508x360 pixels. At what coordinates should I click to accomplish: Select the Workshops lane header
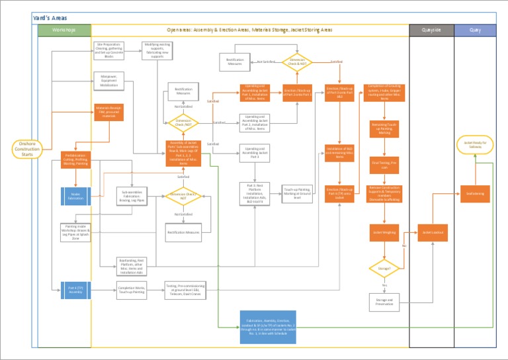click(64, 30)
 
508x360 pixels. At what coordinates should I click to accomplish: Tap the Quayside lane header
click(431, 30)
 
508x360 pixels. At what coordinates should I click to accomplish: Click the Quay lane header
click(475, 30)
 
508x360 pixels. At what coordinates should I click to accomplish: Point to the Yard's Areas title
click(50, 17)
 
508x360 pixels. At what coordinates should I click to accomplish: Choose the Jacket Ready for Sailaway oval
click(474, 145)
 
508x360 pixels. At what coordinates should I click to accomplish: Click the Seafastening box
click(474, 193)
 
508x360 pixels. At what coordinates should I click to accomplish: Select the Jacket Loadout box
click(431, 232)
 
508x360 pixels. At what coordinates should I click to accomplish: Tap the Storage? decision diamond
click(384, 269)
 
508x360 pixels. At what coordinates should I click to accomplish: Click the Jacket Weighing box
click(384, 232)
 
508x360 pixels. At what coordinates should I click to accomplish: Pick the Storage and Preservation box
click(384, 301)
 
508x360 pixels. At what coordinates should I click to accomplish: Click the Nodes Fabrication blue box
click(75, 196)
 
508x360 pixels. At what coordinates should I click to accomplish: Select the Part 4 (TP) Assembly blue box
click(75, 289)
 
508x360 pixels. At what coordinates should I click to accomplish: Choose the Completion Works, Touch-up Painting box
click(132, 289)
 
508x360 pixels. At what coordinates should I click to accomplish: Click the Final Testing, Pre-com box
click(384, 164)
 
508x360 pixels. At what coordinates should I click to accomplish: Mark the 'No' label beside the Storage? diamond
click(403, 246)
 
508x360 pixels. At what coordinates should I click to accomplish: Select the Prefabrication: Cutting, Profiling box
click(75, 160)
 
